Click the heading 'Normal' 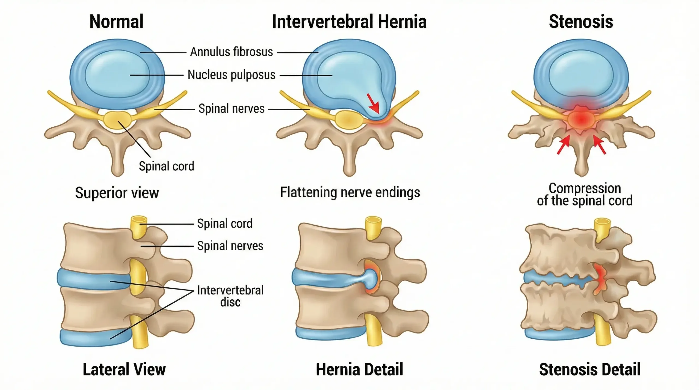116,22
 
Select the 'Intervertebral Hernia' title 349,22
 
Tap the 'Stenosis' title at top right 581,22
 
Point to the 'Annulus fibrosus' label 232,52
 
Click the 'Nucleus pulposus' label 232,75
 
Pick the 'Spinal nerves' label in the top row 232,109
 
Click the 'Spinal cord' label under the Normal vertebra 167,166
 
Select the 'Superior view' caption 117,193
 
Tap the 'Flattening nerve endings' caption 350,192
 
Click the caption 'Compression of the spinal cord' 585,194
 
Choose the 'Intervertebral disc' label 230,296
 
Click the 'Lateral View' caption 124,370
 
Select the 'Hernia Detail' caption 359,370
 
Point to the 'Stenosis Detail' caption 590,370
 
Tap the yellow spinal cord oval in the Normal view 117,120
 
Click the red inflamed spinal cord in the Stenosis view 581,119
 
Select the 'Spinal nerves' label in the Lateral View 230,246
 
